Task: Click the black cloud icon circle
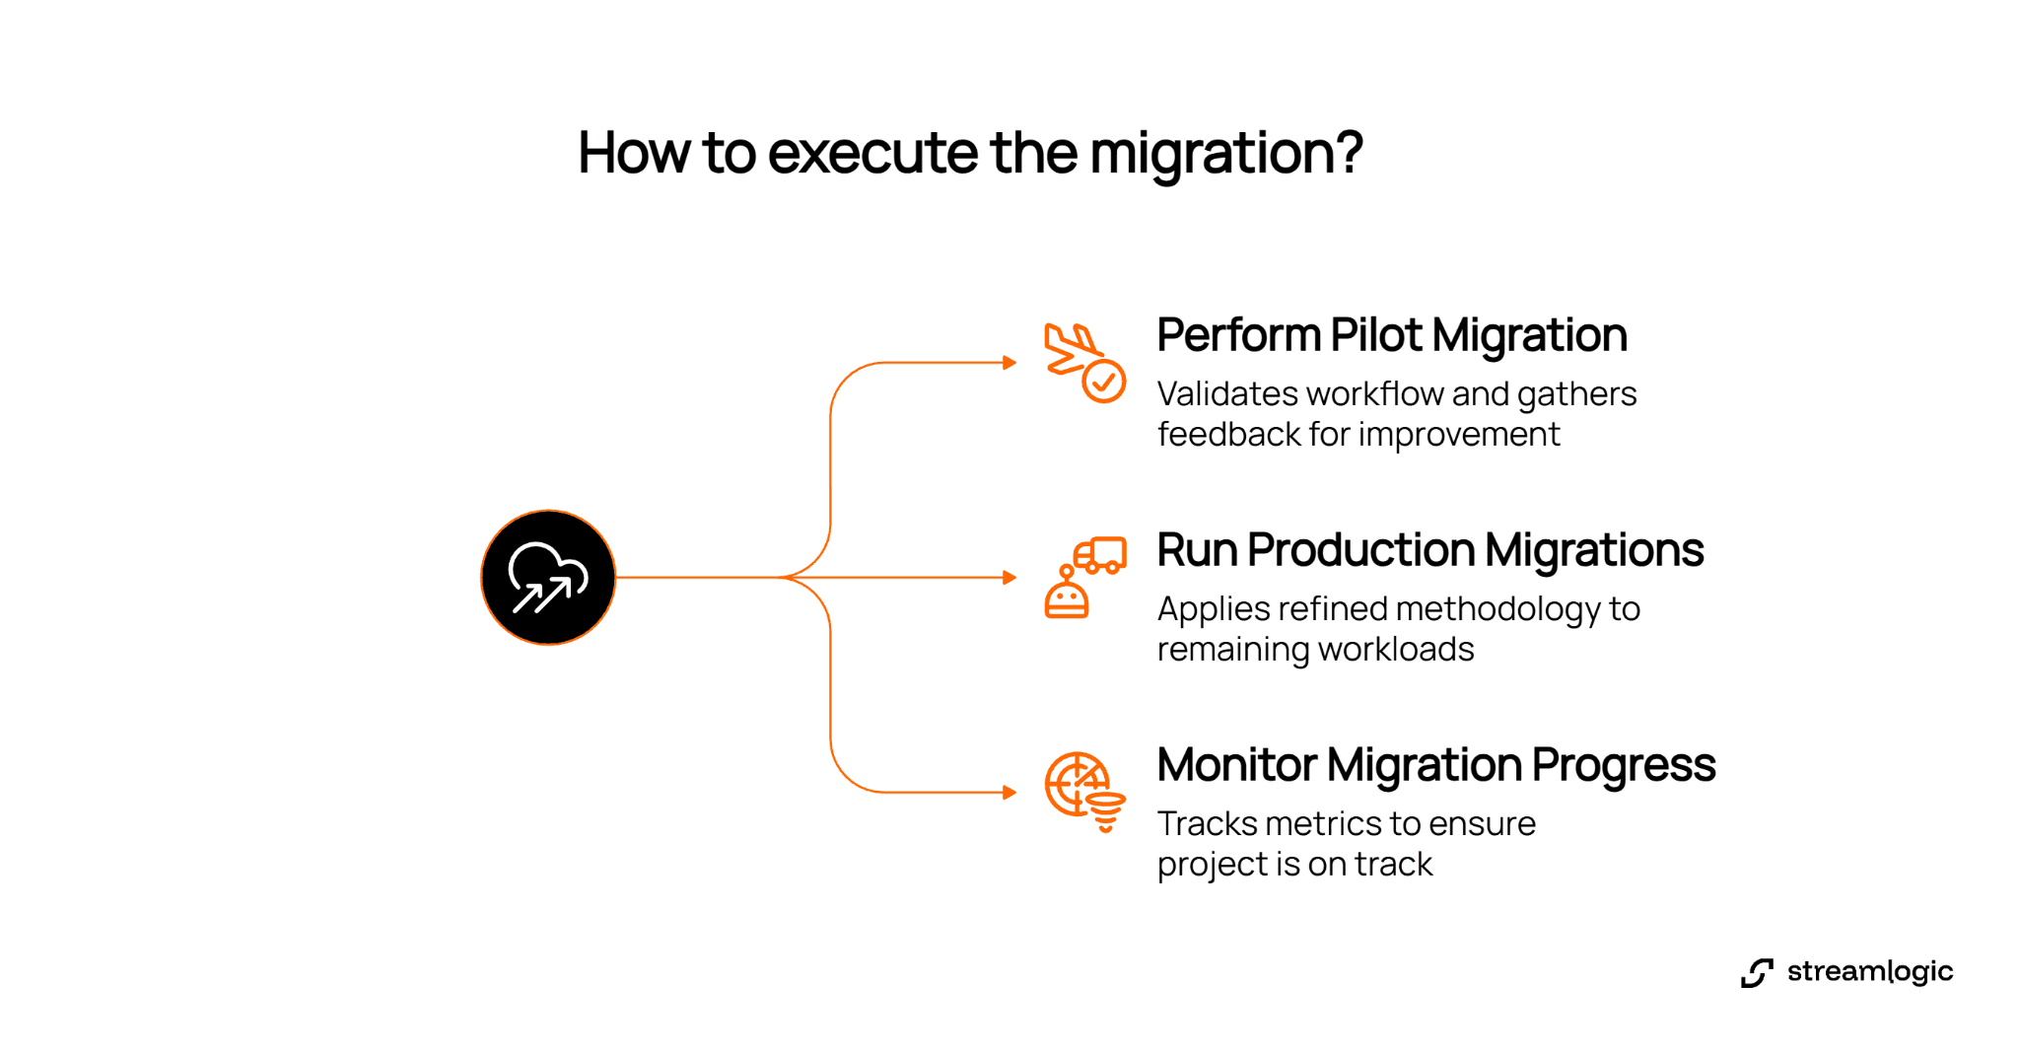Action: (x=548, y=578)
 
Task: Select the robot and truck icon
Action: (x=1084, y=578)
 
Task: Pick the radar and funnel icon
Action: (x=1083, y=792)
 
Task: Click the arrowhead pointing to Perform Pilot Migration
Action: (x=1009, y=363)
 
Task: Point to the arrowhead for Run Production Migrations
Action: (x=1009, y=578)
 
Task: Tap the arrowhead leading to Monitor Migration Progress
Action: (x=1009, y=793)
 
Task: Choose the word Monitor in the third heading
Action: (x=1236, y=765)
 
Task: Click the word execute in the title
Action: (x=872, y=153)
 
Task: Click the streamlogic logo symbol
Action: (x=1757, y=972)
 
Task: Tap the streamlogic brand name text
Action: (x=1869, y=972)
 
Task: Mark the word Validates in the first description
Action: (x=1227, y=394)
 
